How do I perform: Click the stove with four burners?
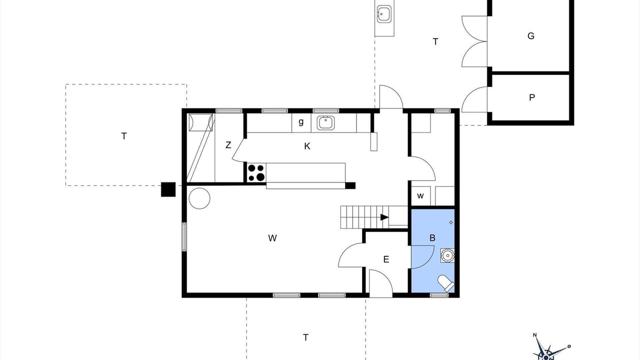tap(256, 172)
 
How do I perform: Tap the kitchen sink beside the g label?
tap(325, 123)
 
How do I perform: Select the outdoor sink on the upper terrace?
tap(384, 14)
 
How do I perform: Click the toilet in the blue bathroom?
tap(446, 283)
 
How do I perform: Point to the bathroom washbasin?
tap(447, 255)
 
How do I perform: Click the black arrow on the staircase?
tap(384, 217)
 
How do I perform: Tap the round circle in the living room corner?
tap(199, 198)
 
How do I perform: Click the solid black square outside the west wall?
tap(168, 189)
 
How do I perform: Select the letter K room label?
tap(307, 146)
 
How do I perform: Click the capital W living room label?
tap(272, 238)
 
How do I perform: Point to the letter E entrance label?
tap(386, 259)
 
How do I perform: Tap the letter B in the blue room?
tap(432, 238)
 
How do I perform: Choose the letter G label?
tap(531, 36)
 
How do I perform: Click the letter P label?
tap(531, 97)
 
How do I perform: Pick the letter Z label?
tap(228, 145)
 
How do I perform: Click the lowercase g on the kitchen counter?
tap(301, 122)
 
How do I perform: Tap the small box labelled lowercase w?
tap(420, 196)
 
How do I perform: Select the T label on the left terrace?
tap(123, 136)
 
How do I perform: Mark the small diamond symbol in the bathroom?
tap(451, 222)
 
